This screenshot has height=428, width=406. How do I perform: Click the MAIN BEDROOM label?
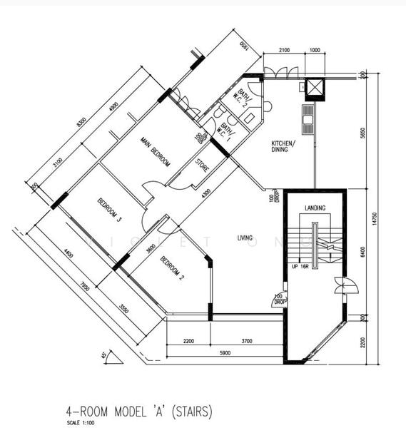click(x=155, y=151)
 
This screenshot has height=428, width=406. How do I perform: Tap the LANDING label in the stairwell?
click(x=315, y=208)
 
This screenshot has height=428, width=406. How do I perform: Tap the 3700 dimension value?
click(x=246, y=342)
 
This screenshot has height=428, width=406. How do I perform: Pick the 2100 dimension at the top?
click(x=283, y=49)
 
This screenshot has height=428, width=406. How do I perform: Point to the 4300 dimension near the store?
click(x=205, y=194)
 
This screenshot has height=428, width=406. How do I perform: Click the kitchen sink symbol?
click(x=309, y=118)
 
